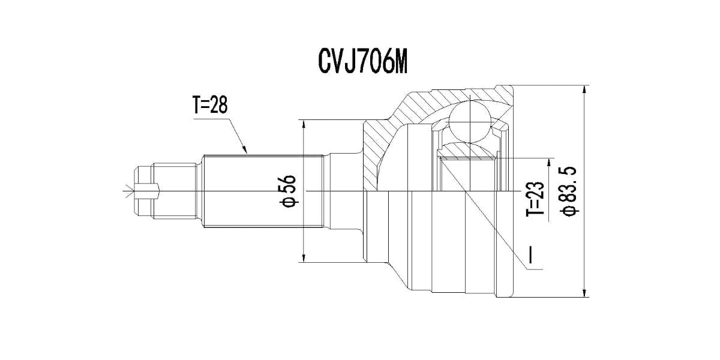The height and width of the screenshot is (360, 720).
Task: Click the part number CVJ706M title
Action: pyautogui.click(x=363, y=62)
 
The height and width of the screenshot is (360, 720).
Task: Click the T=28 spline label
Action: pyautogui.click(x=211, y=106)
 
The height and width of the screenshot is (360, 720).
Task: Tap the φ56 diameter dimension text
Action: pyautogui.click(x=289, y=191)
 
